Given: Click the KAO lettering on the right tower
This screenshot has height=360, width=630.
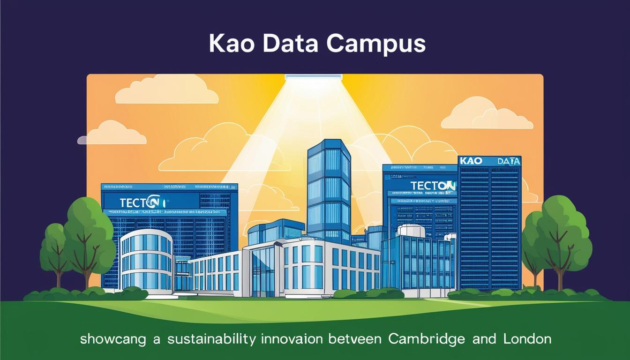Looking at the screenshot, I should (471, 161).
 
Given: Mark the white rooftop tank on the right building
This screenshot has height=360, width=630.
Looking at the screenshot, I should (411, 231).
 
